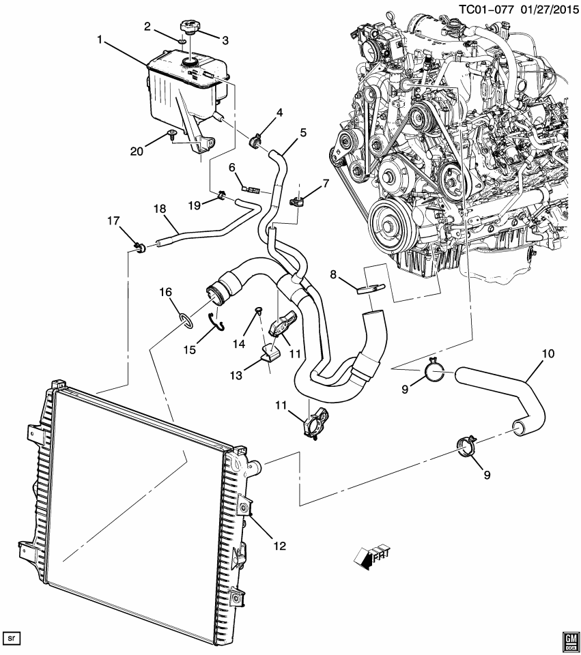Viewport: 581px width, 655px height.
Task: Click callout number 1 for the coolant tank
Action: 100,41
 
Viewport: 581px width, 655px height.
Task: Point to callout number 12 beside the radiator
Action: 281,546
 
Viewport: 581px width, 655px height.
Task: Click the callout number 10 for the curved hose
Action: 548,354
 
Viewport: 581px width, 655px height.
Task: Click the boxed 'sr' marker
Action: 12,638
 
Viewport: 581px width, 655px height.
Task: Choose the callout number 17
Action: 113,220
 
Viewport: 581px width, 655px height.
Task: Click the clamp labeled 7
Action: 298,201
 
